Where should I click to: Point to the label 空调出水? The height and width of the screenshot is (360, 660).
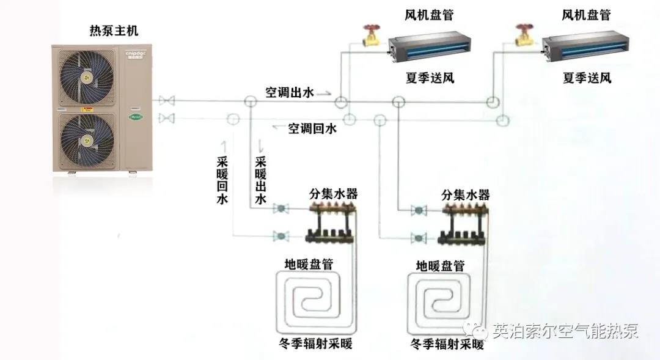[289, 93]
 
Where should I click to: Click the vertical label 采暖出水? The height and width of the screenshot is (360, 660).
[261, 180]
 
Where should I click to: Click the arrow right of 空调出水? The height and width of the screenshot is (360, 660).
[324, 94]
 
